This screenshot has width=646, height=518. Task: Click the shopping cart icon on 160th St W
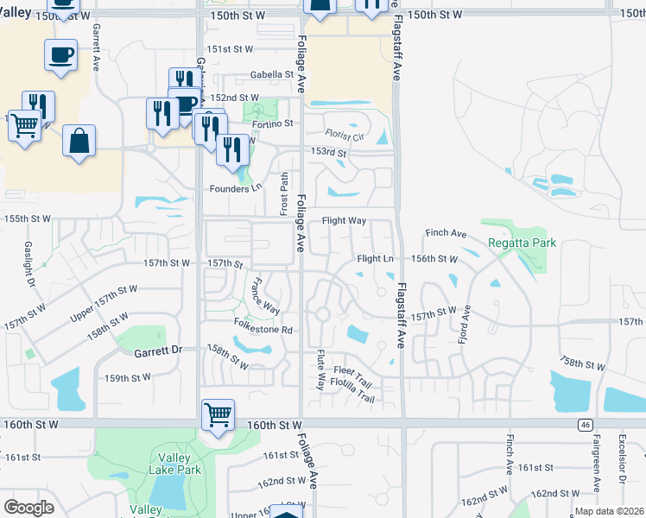pos(218,414)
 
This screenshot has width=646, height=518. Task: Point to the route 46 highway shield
pos(585,425)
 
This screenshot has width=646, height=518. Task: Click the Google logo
pos(29,507)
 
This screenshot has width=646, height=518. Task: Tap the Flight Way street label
pos(344,221)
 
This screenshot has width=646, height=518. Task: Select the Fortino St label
pos(273,123)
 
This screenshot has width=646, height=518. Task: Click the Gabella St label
pos(272,75)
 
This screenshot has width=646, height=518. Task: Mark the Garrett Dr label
pos(159,351)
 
